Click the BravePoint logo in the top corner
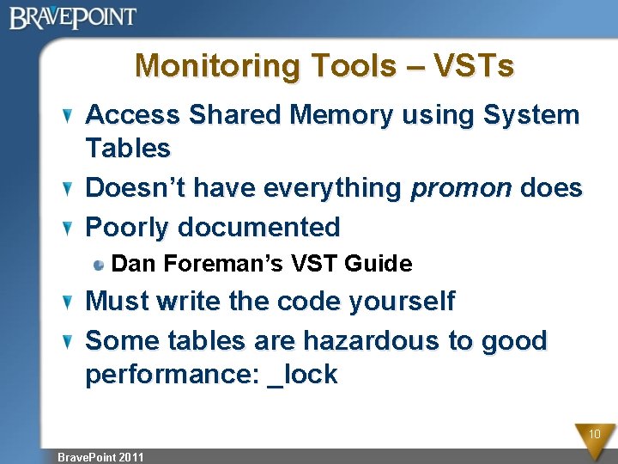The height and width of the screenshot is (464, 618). click(73, 17)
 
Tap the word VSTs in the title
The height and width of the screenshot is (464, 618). click(474, 66)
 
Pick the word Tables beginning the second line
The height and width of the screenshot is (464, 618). click(128, 149)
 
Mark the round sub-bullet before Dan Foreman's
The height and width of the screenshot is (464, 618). click(100, 265)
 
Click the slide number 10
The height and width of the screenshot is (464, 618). click(594, 435)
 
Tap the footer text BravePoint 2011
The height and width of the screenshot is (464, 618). click(100, 457)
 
